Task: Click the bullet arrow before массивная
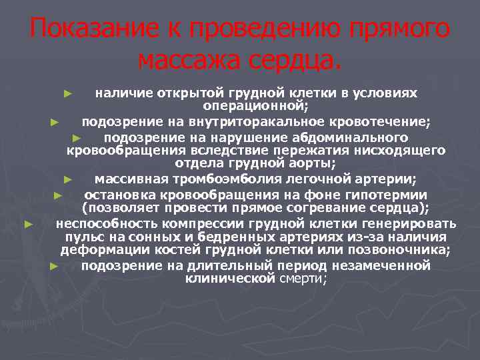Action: pyautogui.click(x=67, y=179)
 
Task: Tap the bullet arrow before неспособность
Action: pyautogui.click(x=28, y=223)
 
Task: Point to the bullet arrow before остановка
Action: pyautogui.click(x=57, y=195)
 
